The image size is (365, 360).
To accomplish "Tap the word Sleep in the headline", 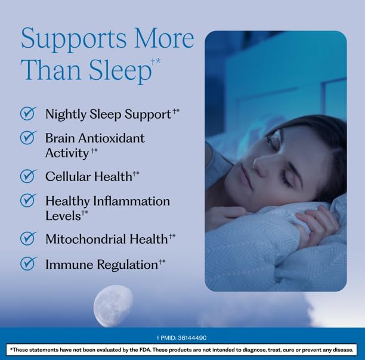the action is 120,70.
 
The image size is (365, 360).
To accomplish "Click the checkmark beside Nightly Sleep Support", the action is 29,113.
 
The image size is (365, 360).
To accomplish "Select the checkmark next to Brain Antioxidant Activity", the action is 29,138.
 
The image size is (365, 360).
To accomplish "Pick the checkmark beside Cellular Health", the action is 29,176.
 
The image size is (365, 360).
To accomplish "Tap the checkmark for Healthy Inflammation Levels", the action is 29,200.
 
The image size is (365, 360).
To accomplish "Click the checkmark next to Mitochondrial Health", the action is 29,238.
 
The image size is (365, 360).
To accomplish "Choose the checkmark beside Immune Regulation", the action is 29,263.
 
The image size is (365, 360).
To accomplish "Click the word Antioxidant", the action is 112,138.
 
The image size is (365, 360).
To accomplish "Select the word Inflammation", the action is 131,201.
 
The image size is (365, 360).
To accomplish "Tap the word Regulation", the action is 128,265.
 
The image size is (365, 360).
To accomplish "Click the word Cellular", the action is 68,176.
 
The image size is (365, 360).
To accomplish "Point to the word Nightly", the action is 66,114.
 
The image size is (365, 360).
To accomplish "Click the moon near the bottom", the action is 113,306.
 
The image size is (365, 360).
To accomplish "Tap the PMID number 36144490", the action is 192,338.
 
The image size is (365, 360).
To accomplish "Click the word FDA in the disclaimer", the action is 146,349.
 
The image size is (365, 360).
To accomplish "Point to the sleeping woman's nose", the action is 261,166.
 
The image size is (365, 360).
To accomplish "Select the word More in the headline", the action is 165,39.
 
